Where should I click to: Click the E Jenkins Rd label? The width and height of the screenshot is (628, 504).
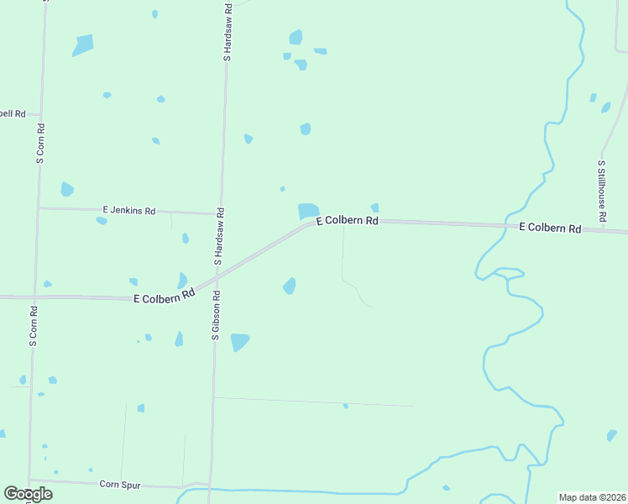pos(129,210)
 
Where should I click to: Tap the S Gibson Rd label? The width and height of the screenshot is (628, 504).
pos(216,315)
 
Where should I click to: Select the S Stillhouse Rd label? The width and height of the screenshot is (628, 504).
pos(602,192)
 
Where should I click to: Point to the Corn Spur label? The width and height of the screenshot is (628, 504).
pos(120,484)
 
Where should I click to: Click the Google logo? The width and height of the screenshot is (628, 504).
pos(28,494)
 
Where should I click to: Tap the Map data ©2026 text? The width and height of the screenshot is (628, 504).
pos(592,497)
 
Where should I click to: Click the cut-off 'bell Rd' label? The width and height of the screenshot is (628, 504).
pos(13,113)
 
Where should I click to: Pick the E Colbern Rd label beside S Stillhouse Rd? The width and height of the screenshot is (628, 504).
pos(550,228)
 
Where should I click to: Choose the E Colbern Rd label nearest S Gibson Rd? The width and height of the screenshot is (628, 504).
pos(164,297)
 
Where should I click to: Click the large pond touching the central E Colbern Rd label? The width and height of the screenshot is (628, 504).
pos(308,210)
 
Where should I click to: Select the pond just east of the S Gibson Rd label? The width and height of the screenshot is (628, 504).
pos(240,341)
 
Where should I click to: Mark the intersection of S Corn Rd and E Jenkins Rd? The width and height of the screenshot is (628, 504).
pos(38,208)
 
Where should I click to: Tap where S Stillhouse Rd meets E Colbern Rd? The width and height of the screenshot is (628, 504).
pos(604,229)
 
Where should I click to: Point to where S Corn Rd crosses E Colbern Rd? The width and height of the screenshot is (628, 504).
pos(34,297)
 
